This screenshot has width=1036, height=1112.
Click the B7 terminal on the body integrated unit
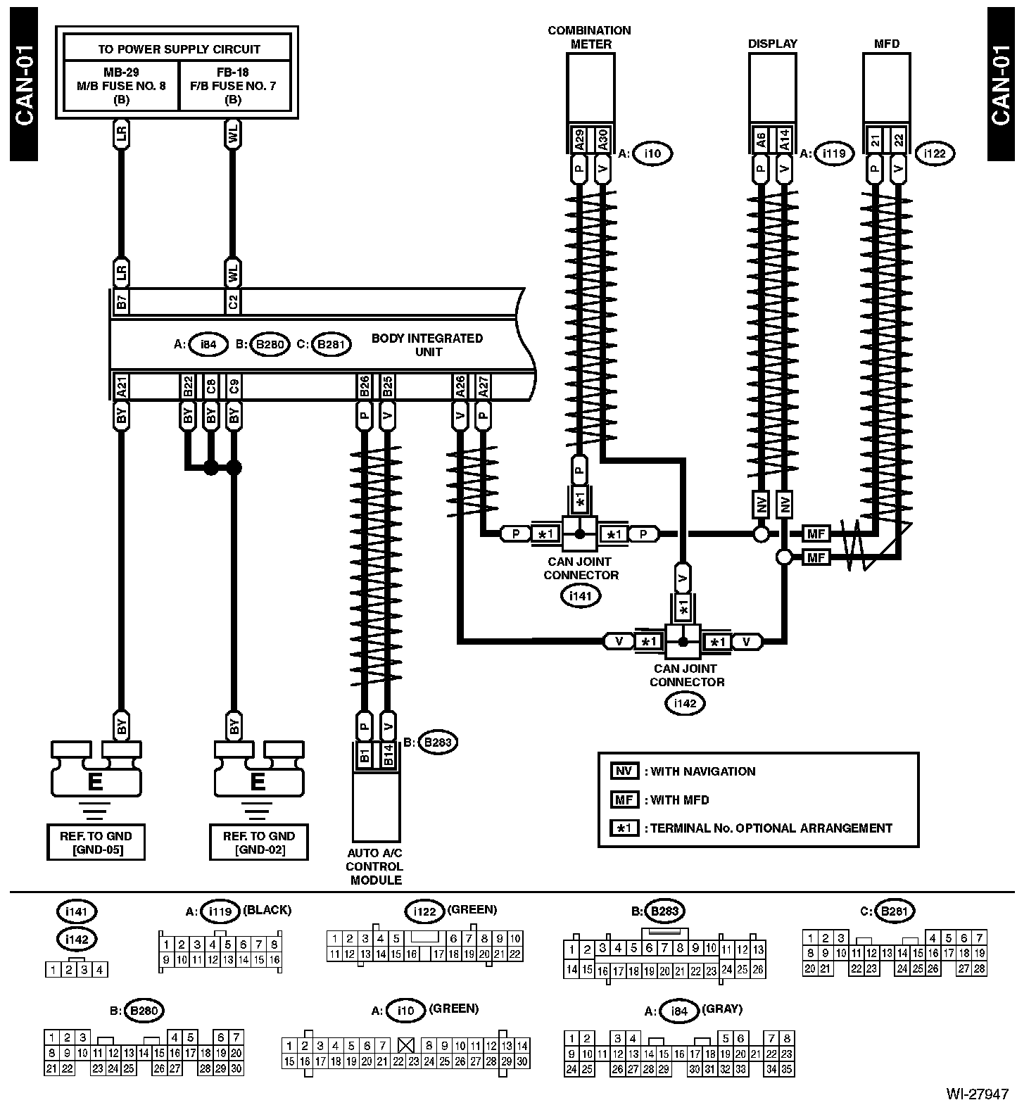pos(121,303)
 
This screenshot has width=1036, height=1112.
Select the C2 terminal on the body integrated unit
pos(233,303)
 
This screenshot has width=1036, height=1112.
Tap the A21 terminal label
pos(121,386)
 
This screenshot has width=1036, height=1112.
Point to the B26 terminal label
pos(365,386)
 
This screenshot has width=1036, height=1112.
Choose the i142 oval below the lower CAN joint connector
pos(685,703)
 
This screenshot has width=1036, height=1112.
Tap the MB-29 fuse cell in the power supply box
pos(122,85)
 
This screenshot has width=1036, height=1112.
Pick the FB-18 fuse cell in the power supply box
pos(234,85)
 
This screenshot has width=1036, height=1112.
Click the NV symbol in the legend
pos(624,771)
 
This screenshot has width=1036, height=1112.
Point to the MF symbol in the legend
pos(624,800)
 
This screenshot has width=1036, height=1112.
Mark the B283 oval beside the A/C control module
pos(438,742)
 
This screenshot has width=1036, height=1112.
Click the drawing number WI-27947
pos(978,1094)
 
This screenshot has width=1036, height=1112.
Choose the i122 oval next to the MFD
pos(935,153)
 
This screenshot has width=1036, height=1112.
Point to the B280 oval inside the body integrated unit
pos(269,345)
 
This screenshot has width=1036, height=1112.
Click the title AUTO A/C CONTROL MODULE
pos(374,866)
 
